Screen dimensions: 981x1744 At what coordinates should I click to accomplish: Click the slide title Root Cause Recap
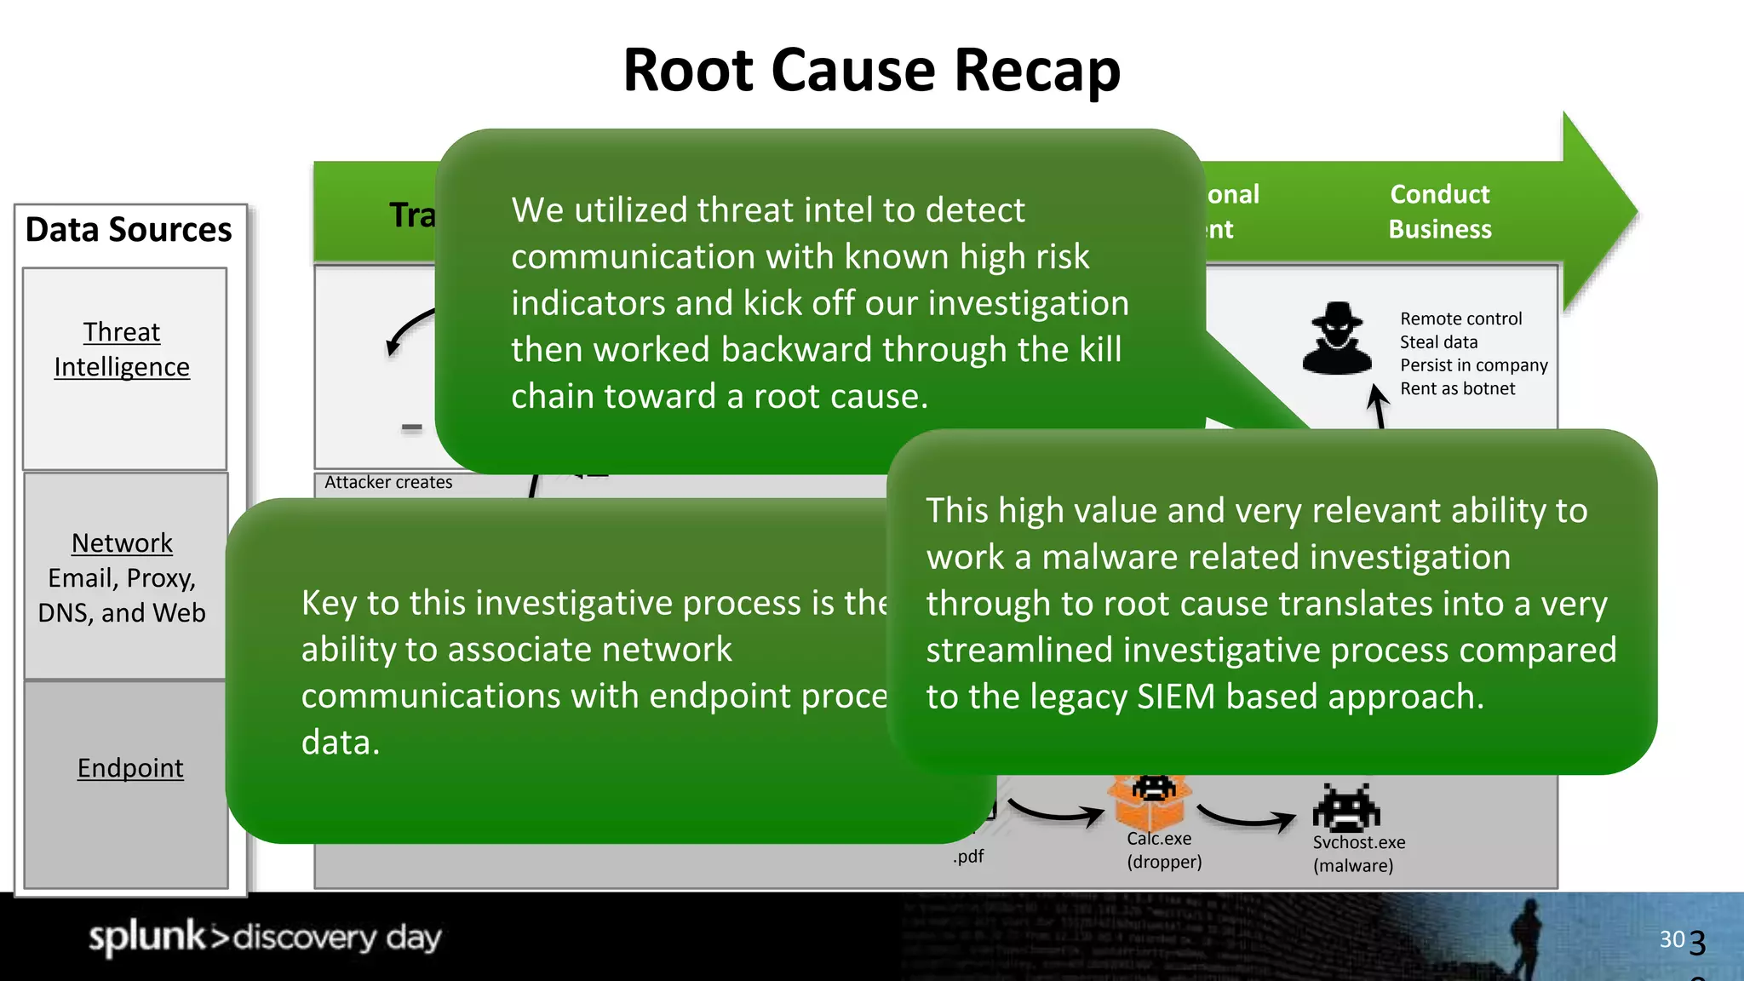coord(871,70)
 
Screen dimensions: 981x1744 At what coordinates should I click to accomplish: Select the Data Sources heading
coord(129,230)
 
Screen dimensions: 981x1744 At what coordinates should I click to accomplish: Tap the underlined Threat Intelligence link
coord(122,349)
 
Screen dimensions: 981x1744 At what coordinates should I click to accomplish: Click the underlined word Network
coord(122,543)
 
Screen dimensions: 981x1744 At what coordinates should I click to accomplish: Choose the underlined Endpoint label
coord(130,768)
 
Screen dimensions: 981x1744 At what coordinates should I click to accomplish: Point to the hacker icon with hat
coord(1337,339)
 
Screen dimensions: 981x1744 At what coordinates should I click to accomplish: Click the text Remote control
coord(1460,319)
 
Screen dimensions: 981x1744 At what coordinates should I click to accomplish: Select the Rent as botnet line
coord(1457,389)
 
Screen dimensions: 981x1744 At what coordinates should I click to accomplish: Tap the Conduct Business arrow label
coord(1439,211)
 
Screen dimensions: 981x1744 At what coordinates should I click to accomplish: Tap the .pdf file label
coord(968,857)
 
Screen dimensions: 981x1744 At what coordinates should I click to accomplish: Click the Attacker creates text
coord(388,483)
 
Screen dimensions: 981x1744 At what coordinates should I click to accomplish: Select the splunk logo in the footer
coord(147,937)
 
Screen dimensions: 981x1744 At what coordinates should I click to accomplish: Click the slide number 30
coord(1672,939)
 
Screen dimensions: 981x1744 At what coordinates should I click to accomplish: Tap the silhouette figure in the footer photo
coord(1527,937)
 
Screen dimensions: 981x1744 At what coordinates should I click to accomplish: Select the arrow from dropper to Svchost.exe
coord(1247,819)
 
